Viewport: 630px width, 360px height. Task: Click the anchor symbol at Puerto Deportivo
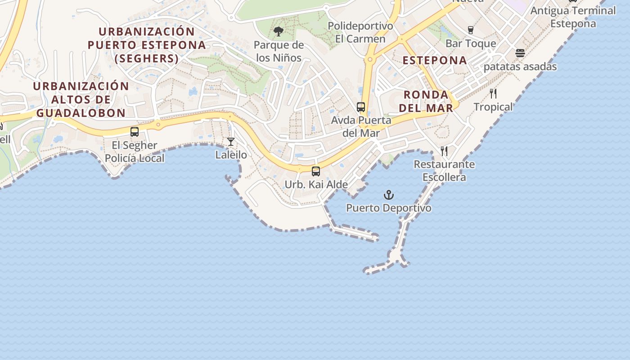click(x=388, y=195)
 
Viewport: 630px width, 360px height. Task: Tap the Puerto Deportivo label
click(x=388, y=208)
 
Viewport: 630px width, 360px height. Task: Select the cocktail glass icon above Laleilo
click(x=231, y=142)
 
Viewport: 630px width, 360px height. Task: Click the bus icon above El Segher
click(x=134, y=132)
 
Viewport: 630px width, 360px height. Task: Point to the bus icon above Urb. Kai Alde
click(x=316, y=171)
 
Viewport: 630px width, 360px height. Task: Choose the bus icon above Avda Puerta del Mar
click(x=361, y=107)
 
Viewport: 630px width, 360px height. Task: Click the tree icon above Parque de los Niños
click(x=279, y=31)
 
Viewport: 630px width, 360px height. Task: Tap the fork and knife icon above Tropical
click(x=493, y=94)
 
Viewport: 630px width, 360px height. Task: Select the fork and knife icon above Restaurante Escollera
click(x=444, y=151)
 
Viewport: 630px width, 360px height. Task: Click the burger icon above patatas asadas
click(x=520, y=54)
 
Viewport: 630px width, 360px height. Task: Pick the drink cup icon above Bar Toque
click(x=471, y=30)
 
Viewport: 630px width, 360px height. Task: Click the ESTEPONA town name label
click(x=434, y=60)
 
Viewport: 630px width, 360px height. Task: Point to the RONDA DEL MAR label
click(x=426, y=101)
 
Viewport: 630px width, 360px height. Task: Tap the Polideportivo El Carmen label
click(x=360, y=32)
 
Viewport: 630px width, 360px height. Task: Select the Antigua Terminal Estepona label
click(x=573, y=17)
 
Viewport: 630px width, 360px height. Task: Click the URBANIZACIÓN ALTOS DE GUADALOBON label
click(x=81, y=99)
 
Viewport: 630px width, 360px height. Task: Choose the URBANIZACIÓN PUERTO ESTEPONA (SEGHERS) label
click(x=147, y=45)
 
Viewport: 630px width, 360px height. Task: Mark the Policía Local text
click(x=135, y=158)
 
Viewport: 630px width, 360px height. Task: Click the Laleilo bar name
click(x=231, y=155)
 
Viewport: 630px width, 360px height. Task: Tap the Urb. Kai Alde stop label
click(x=316, y=184)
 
